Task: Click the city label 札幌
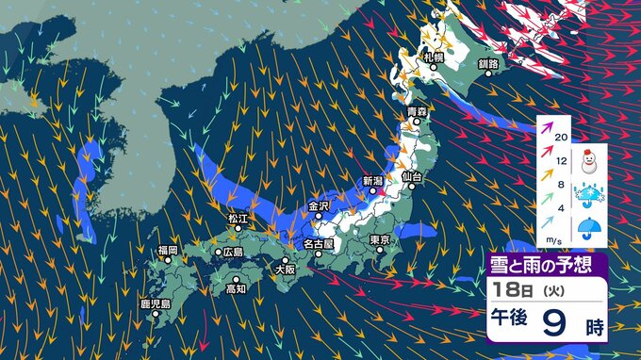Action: point(433,58)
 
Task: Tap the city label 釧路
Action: point(488,64)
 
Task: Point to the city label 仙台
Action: point(411,176)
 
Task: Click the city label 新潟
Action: point(372,181)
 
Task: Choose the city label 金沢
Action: point(319,205)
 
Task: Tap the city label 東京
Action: point(380,239)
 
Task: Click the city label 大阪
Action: point(284,270)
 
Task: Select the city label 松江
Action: point(237,219)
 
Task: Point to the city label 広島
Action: point(231,253)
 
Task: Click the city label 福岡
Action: point(168,250)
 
